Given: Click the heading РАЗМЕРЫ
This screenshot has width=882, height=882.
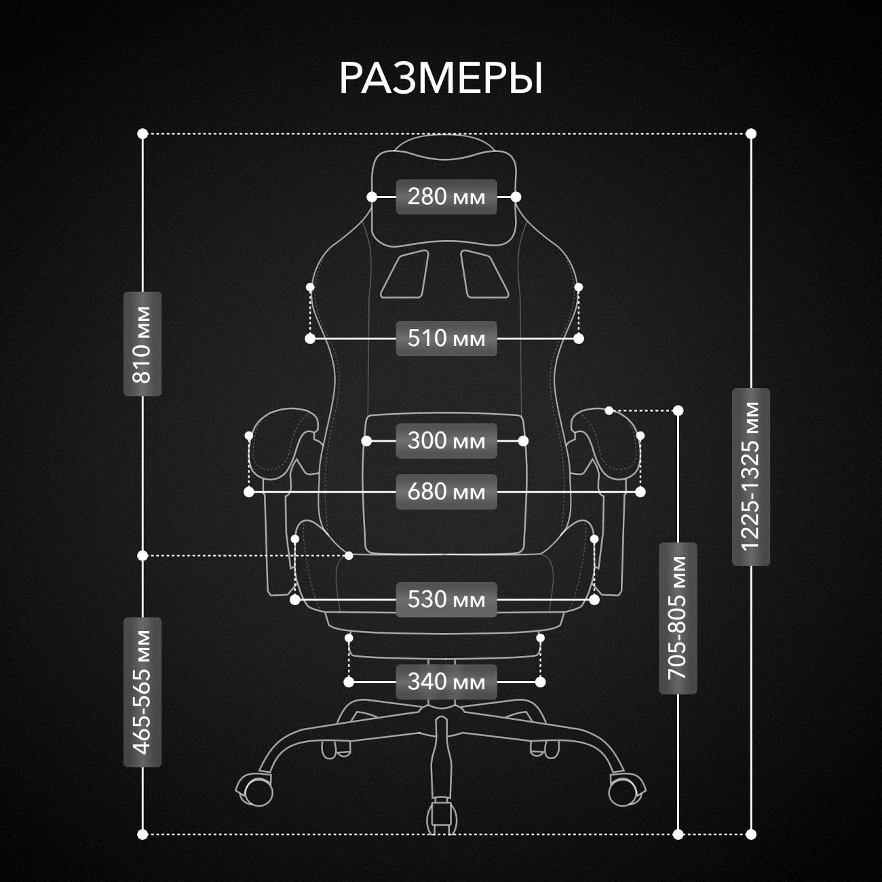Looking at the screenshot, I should pyautogui.click(x=441, y=79).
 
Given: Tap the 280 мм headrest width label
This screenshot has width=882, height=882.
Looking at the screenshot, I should pyautogui.click(x=446, y=197).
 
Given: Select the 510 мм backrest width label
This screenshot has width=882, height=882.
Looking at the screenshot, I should pyautogui.click(x=446, y=338).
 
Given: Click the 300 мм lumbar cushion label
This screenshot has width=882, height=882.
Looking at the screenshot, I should pyautogui.click(x=446, y=441).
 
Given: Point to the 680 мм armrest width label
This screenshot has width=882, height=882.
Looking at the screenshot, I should pyautogui.click(x=446, y=492).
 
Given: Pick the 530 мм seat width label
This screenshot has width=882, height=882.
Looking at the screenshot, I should pyautogui.click(x=446, y=600).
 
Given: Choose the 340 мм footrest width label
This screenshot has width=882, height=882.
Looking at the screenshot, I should pyautogui.click(x=446, y=682).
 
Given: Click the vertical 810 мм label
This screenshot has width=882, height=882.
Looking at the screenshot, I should pyautogui.click(x=142, y=344).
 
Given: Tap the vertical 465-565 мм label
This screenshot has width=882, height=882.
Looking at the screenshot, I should pyautogui.click(x=142, y=692).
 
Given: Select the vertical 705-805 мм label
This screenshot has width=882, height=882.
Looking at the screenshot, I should pyautogui.click(x=678, y=618).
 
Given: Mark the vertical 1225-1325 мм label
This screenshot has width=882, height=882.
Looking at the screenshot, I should pyautogui.click(x=751, y=477).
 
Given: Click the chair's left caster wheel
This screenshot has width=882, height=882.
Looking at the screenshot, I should pyautogui.click(x=256, y=790).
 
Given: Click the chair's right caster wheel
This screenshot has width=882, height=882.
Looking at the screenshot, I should pyautogui.click(x=624, y=790).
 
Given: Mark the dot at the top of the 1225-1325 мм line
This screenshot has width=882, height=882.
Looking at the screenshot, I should pyautogui.click(x=751, y=134).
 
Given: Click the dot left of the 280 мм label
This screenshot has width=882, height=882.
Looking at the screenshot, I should pyautogui.click(x=372, y=197).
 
